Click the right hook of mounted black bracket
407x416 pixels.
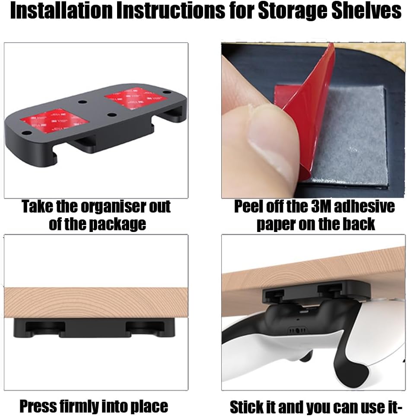pos(145,328)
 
